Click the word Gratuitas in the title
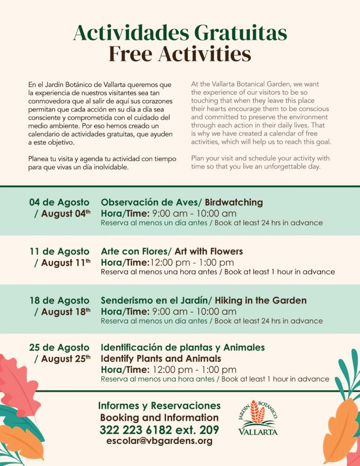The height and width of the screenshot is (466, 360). point(241,33)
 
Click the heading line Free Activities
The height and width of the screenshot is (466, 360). point(180,54)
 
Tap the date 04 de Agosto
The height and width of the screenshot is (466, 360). point(59,202)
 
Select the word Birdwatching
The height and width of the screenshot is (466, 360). point(234,202)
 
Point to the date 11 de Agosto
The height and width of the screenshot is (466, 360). point(59,251)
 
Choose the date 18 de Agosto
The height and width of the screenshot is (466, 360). point(59,300)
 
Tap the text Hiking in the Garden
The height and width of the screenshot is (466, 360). point(261,300)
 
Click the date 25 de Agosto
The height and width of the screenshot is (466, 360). point(59,348)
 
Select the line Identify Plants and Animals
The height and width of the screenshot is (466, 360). point(161,359)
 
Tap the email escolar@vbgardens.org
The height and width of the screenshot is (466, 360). point(159,441)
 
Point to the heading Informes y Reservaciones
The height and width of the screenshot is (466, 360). point(159,405)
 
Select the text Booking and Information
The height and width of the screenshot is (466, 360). point(159,417)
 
